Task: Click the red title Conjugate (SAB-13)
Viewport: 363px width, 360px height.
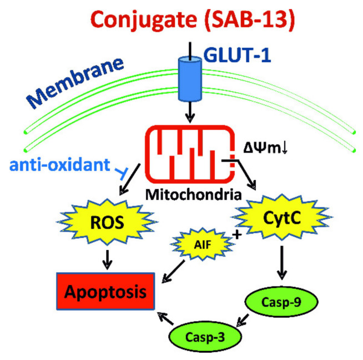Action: (x=193, y=20)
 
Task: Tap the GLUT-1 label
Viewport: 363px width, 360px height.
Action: (x=238, y=55)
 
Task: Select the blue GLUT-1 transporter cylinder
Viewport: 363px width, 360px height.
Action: (x=190, y=79)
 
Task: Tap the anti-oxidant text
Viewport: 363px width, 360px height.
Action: (x=60, y=164)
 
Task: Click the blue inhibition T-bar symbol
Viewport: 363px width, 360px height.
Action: (x=121, y=173)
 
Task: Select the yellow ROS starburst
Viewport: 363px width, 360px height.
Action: (x=107, y=222)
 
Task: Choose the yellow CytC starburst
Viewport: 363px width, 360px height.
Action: (x=282, y=217)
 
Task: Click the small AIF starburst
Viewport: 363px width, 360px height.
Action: (x=203, y=244)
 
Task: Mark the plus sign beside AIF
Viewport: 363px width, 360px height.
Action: (x=237, y=235)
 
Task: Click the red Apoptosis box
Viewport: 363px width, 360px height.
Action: (x=105, y=291)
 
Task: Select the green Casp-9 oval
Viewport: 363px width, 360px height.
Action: (x=281, y=302)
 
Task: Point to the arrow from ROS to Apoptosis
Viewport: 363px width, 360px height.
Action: (x=107, y=259)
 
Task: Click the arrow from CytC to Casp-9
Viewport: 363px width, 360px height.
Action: (x=282, y=263)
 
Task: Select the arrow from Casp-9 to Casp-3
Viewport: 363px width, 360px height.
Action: (x=243, y=320)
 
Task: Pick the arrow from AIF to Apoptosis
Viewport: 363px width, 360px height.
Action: (x=173, y=272)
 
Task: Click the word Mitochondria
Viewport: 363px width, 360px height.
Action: (x=194, y=194)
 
